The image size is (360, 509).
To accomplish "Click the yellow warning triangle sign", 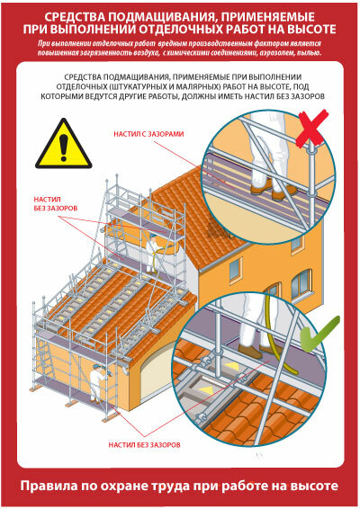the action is coord(64,145).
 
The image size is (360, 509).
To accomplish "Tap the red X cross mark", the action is coord(312,129).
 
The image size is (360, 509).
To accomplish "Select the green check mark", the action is coord(319,334).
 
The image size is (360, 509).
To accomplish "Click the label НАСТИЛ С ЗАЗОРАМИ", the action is coord(148,134).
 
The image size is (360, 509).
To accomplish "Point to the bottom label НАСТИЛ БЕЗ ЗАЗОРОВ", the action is coord(144,444).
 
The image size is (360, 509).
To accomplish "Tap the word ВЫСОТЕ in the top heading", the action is coord(310,29).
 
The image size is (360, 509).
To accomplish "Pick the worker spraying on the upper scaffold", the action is coord(152,252).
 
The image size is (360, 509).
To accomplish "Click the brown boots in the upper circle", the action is coord(274,191).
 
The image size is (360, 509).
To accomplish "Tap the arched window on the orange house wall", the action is coord(301,282).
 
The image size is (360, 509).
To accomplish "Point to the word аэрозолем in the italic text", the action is coord(277,52).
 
